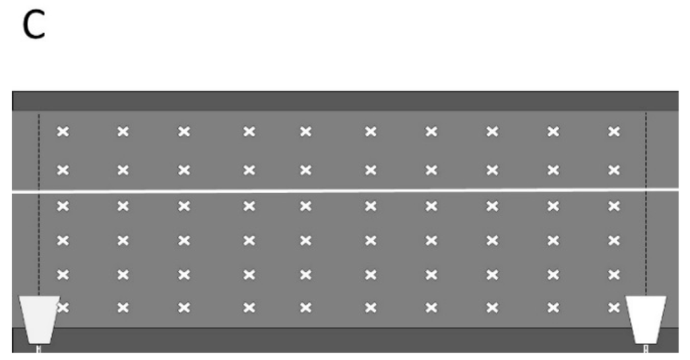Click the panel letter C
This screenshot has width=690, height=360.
point(35,26)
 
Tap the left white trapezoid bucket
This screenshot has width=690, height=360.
point(39,318)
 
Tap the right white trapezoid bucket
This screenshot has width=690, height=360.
point(646,318)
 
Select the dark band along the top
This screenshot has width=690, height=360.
point(345,101)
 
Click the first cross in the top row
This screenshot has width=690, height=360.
point(63,131)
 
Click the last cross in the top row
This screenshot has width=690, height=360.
point(614,131)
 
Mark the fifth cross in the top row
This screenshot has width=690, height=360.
point(305,131)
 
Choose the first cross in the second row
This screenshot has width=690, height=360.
point(63,169)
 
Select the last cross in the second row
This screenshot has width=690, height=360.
point(614,169)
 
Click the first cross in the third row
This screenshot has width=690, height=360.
point(63,206)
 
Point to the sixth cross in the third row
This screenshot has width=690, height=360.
point(370,206)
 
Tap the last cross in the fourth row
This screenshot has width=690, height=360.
point(614,239)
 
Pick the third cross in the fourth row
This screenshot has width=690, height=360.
point(183,239)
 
